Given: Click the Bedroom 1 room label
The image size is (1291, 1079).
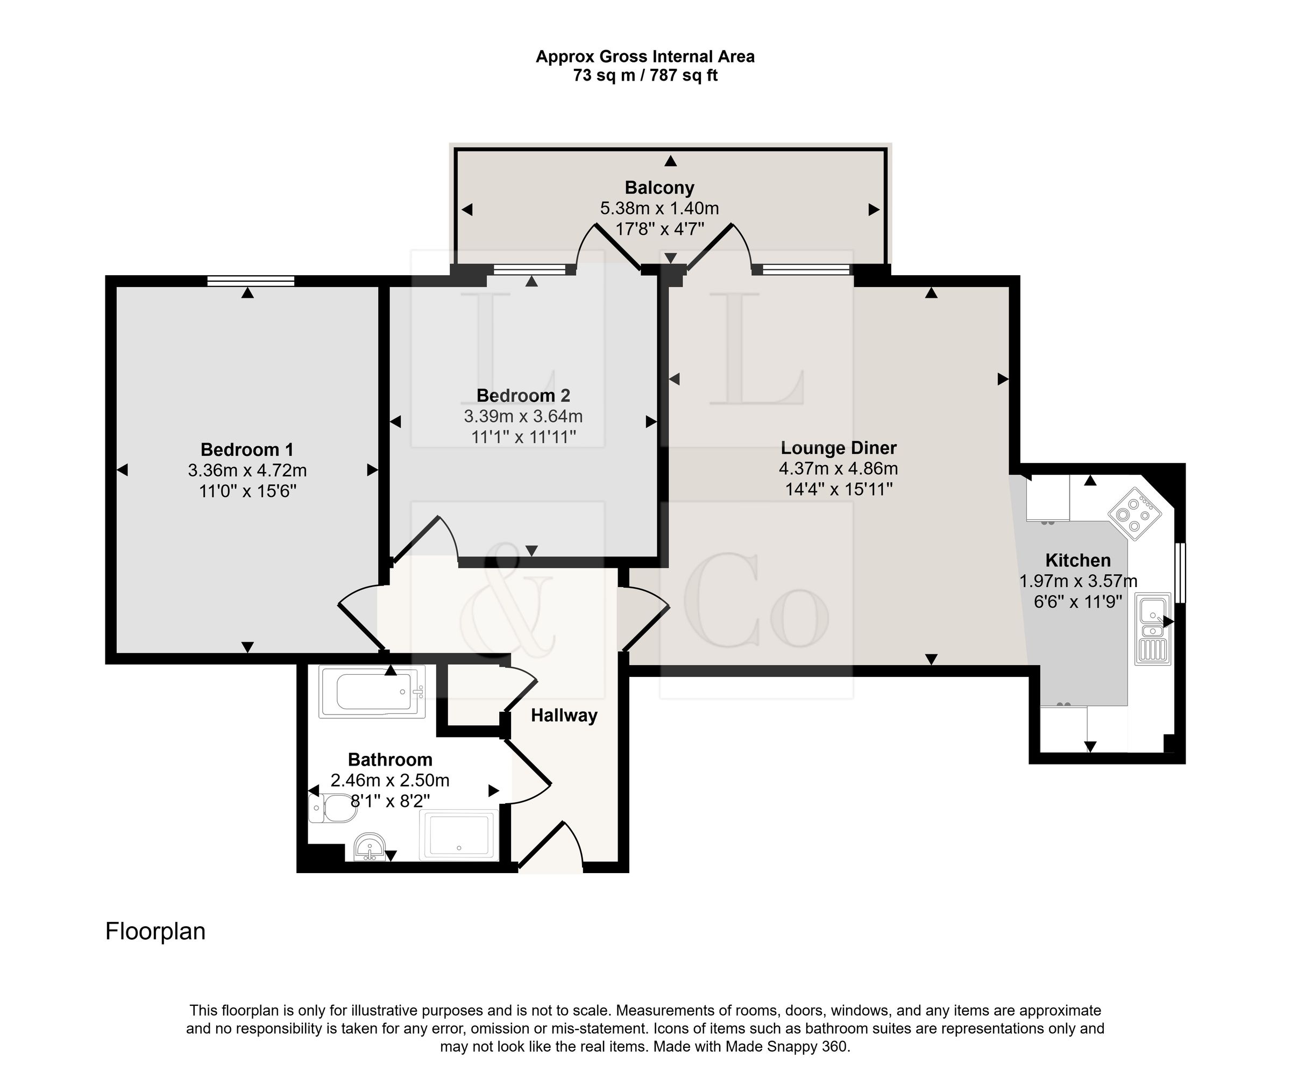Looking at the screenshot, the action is [x=247, y=450].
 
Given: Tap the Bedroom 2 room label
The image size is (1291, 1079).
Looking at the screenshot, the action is [x=523, y=396].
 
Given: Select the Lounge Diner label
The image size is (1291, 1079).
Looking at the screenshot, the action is [x=839, y=448].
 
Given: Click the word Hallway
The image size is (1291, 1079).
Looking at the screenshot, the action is [x=564, y=716].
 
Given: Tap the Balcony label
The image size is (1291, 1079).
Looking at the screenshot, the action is [x=659, y=188].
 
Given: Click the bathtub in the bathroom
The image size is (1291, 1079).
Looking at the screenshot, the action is [x=372, y=692].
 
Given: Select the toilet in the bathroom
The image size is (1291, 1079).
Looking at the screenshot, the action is [x=332, y=808].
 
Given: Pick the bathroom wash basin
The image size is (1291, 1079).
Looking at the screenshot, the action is [x=370, y=847].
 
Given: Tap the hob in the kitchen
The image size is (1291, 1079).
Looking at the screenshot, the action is [x=1135, y=513].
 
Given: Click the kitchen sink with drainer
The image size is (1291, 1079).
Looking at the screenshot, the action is [x=1153, y=629].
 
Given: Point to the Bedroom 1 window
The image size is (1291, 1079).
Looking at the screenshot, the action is [x=251, y=281].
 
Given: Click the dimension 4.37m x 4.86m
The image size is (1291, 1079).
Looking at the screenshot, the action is [x=839, y=469].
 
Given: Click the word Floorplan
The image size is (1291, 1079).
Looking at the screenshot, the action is [x=155, y=932].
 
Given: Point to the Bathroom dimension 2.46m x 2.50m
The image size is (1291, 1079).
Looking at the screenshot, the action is [x=391, y=781].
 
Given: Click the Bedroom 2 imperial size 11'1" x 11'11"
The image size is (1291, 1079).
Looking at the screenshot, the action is [x=523, y=437].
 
